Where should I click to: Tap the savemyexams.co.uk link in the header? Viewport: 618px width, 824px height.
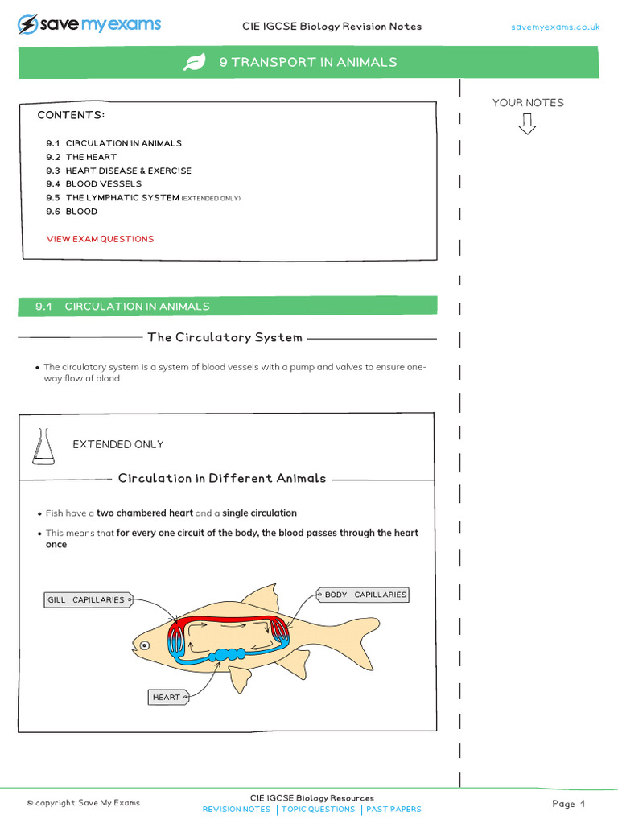click(x=555, y=27)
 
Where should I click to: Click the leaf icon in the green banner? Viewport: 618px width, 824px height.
click(x=194, y=63)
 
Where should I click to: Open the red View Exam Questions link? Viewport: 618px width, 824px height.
click(x=100, y=239)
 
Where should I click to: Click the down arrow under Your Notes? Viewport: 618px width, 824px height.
click(x=527, y=124)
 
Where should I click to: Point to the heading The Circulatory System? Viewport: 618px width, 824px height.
click(x=225, y=337)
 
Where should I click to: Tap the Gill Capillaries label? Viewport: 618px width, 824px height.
click(x=87, y=600)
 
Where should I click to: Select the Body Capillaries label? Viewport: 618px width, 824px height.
click(x=364, y=595)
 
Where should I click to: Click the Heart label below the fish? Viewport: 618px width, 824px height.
click(x=168, y=697)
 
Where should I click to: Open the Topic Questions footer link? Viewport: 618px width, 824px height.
click(x=318, y=810)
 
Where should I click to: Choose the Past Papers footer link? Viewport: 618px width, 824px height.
click(x=393, y=810)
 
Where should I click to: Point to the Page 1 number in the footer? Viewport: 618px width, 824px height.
click(x=568, y=804)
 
